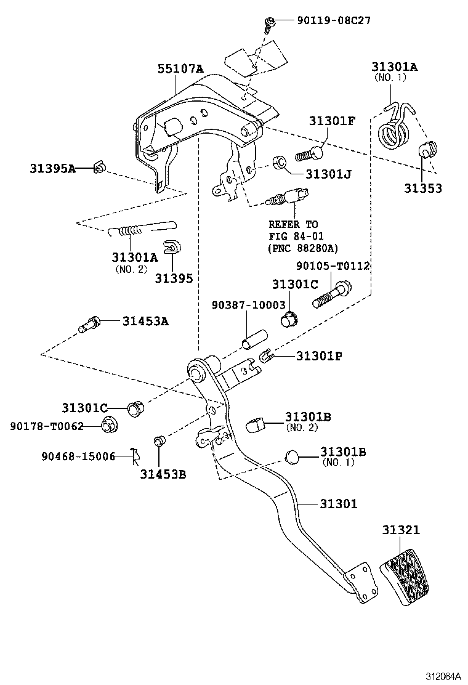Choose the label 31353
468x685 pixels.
click(x=423, y=188)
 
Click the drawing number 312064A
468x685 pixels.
click(x=441, y=676)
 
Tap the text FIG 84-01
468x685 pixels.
click(x=296, y=236)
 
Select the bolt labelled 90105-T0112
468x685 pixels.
click(x=333, y=294)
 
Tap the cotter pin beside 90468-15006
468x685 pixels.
click(x=134, y=456)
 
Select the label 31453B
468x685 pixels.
click(x=163, y=474)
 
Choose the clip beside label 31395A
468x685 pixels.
click(x=98, y=168)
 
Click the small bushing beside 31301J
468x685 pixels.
click(x=278, y=163)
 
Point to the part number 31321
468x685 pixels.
click(x=400, y=530)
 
